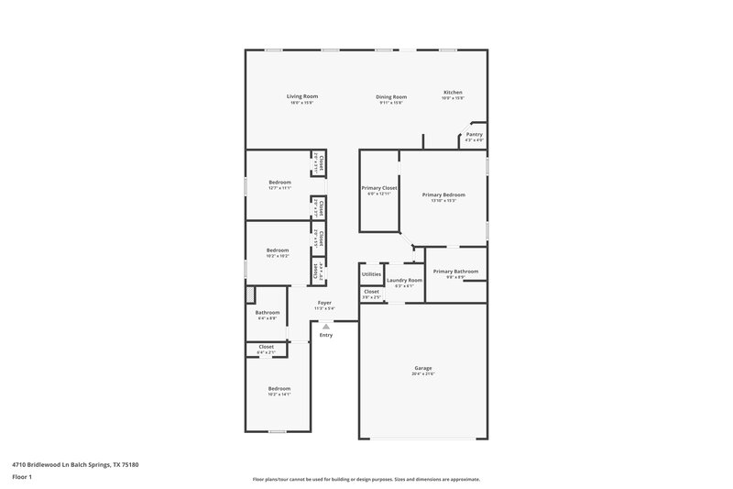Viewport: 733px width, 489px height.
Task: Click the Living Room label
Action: point(301,96)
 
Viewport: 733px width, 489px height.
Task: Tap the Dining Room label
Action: point(391,97)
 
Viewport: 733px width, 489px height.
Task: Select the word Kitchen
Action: point(453,93)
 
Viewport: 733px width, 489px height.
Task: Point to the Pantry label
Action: point(474,134)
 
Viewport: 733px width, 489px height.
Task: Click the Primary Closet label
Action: point(378,188)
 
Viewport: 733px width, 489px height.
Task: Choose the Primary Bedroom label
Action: point(443,194)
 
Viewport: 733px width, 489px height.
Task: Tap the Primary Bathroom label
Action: point(455,271)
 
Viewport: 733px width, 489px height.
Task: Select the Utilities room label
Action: point(371,274)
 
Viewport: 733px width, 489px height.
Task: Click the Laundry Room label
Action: point(404,280)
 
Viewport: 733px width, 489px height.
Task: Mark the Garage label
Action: point(422,368)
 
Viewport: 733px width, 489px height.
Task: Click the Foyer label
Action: point(324,303)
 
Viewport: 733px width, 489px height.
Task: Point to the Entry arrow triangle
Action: point(325,326)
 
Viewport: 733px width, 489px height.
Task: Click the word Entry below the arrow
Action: point(325,335)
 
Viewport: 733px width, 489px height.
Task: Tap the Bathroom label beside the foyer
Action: point(267,313)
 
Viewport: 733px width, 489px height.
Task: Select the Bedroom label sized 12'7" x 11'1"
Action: point(279,183)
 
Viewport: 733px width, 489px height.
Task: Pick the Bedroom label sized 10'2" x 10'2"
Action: point(278,250)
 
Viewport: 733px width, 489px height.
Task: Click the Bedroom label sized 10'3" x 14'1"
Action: point(279,388)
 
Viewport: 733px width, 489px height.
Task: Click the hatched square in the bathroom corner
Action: point(249,294)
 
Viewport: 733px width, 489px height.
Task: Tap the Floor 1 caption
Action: point(22,477)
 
